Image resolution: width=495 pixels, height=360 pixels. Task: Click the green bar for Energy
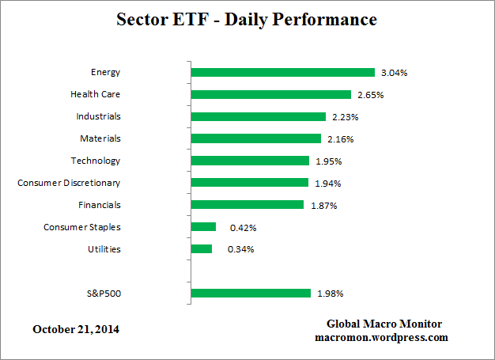[x=282, y=73]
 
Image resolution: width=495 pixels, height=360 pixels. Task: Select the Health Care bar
[x=270, y=95]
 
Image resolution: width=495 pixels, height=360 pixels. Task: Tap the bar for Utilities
[x=202, y=249]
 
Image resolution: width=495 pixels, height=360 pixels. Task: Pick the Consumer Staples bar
[x=203, y=227]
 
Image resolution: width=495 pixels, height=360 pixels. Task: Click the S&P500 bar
[x=251, y=294]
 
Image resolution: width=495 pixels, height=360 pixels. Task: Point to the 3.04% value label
[x=395, y=73]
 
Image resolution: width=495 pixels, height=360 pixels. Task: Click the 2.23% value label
[x=346, y=117]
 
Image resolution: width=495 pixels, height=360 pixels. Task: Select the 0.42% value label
[x=243, y=228]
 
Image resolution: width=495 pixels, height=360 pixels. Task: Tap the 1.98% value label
[x=330, y=294]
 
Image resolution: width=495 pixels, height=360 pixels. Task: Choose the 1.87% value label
[x=323, y=206]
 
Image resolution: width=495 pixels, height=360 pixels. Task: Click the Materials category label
[x=100, y=138]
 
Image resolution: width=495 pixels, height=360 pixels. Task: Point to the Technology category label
[x=96, y=161]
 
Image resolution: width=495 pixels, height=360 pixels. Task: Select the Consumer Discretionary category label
[x=69, y=183]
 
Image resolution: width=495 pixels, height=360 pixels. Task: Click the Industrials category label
[x=98, y=116]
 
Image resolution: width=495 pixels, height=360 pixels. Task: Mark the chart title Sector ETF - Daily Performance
[x=247, y=18]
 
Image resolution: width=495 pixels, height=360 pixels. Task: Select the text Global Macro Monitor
[x=384, y=324]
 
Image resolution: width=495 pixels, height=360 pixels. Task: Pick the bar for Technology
[x=250, y=161]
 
